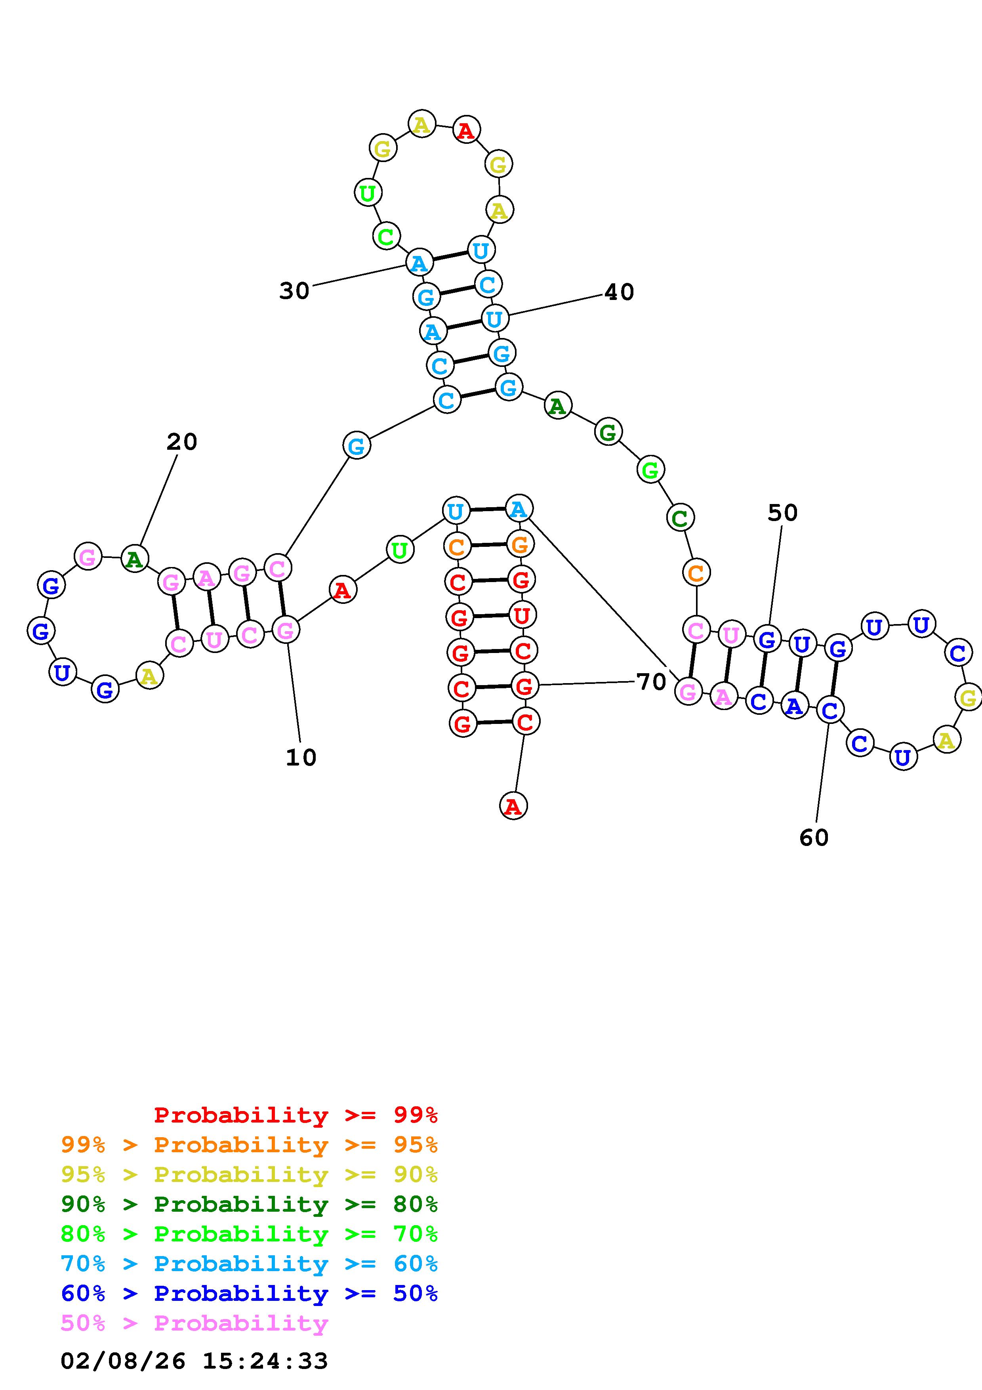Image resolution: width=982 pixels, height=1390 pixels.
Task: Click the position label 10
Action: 301,757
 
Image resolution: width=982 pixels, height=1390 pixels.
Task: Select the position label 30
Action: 294,291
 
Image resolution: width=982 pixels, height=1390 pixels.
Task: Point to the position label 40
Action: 619,292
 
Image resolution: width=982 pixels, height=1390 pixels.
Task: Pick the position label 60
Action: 814,838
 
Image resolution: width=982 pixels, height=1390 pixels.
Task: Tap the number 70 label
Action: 651,682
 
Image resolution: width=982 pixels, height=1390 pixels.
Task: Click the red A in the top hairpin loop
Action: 466,130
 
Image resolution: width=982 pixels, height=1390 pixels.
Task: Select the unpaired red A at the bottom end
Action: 513,806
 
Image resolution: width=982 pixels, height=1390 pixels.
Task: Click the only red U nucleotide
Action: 522,615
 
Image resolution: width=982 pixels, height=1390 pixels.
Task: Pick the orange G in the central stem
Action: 520,545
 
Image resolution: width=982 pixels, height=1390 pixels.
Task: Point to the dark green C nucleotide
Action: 680,518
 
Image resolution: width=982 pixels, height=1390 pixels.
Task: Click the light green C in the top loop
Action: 385,236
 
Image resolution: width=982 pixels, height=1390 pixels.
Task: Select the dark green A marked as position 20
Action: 134,558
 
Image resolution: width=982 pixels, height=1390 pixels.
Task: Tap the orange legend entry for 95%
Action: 249,1145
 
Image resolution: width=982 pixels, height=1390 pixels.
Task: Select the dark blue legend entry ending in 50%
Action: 249,1294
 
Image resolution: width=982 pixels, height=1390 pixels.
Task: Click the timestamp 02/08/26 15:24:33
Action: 194,1361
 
